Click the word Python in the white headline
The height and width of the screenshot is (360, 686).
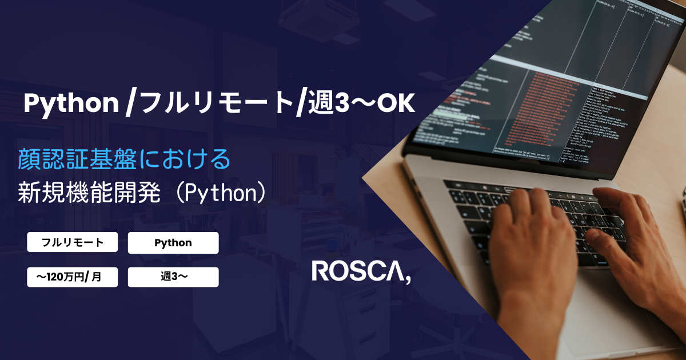click(70, 103)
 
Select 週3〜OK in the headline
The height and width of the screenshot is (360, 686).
click(360, 103)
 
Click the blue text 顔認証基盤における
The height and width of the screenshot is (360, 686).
click(125, 159)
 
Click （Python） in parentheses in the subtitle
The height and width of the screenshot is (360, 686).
click(220, 193)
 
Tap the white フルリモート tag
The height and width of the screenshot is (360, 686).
click(73, 242)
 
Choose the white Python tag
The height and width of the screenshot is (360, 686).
click(173, 242)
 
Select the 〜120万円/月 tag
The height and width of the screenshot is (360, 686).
click(73, 277)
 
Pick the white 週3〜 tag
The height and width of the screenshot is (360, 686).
click(173, 277)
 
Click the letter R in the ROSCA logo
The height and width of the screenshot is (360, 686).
click(321, 271)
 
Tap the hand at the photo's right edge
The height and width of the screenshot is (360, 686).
click(635, 240)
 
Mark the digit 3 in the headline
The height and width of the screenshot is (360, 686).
click(341, 103)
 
